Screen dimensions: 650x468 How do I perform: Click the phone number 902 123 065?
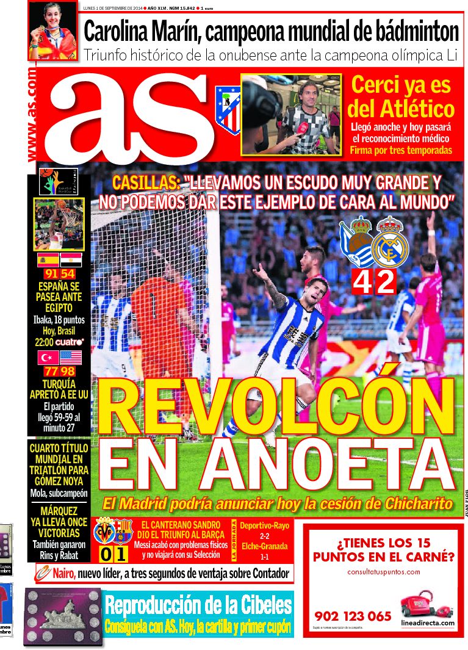(353, 616)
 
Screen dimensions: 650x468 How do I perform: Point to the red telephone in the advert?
(418, 605)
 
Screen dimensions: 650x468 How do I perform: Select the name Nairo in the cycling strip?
(62, 573)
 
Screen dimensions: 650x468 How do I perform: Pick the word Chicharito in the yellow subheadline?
(420, 504)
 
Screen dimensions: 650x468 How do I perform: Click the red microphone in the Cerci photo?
(302, 129)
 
